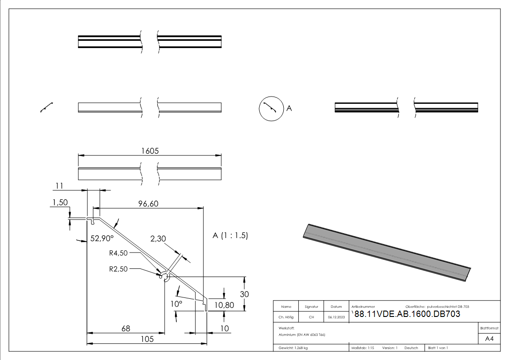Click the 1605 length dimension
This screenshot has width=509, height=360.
150,151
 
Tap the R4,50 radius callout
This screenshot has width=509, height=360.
118,253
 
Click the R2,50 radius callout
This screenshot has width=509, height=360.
118,268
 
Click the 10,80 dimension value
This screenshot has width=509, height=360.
224,305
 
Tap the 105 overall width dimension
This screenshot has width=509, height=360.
146,339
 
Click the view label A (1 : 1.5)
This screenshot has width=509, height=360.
230,236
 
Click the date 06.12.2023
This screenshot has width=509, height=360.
336,317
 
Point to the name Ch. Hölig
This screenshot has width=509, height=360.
286,317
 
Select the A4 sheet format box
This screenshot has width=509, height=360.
490,339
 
